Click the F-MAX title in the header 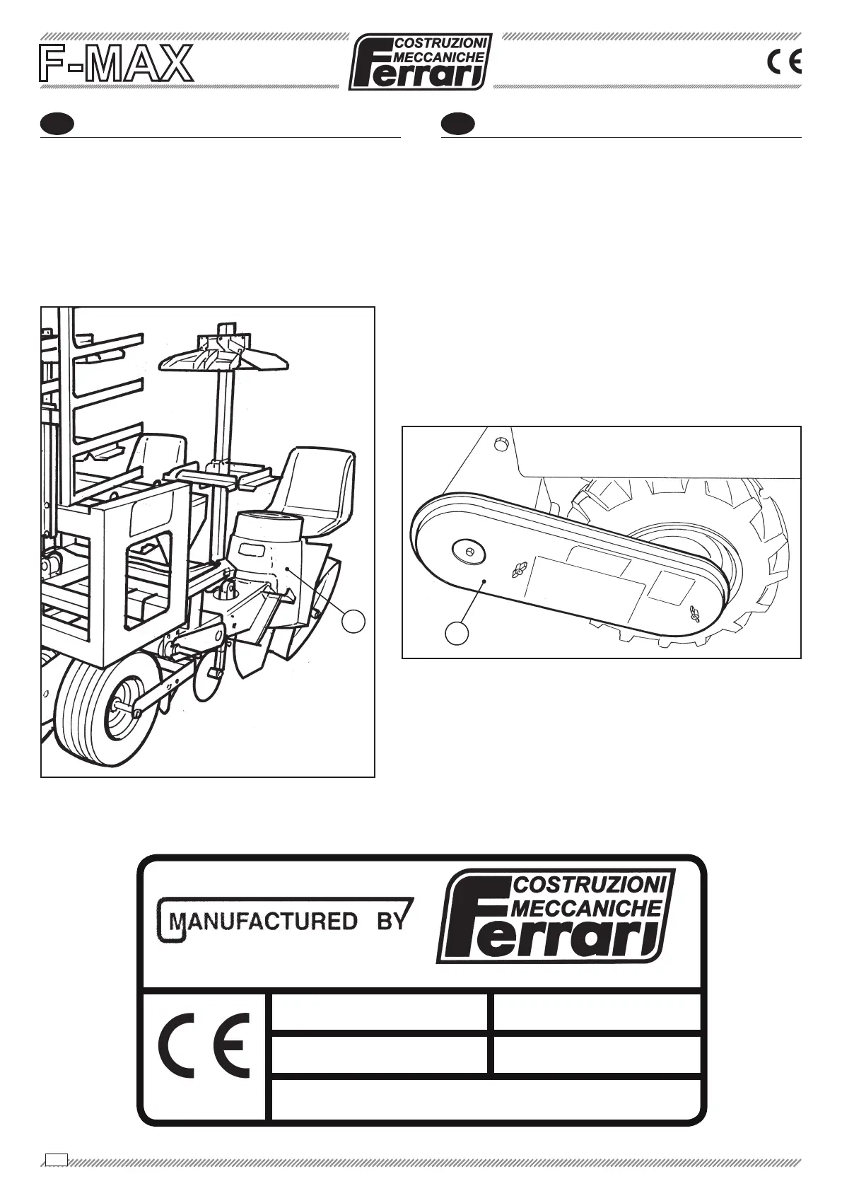[x=115, y=63]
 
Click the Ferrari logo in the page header [x=421, y=62]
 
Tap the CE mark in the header [x=784, y=63]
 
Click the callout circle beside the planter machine [x=354, y=621]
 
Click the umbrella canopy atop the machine [x=226, y=356]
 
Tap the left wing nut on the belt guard [x=519, y=568]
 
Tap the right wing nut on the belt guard [x=695, y=613]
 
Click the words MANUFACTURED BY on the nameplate [x=283, y=921]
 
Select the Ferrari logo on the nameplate [x=556, y=916]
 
